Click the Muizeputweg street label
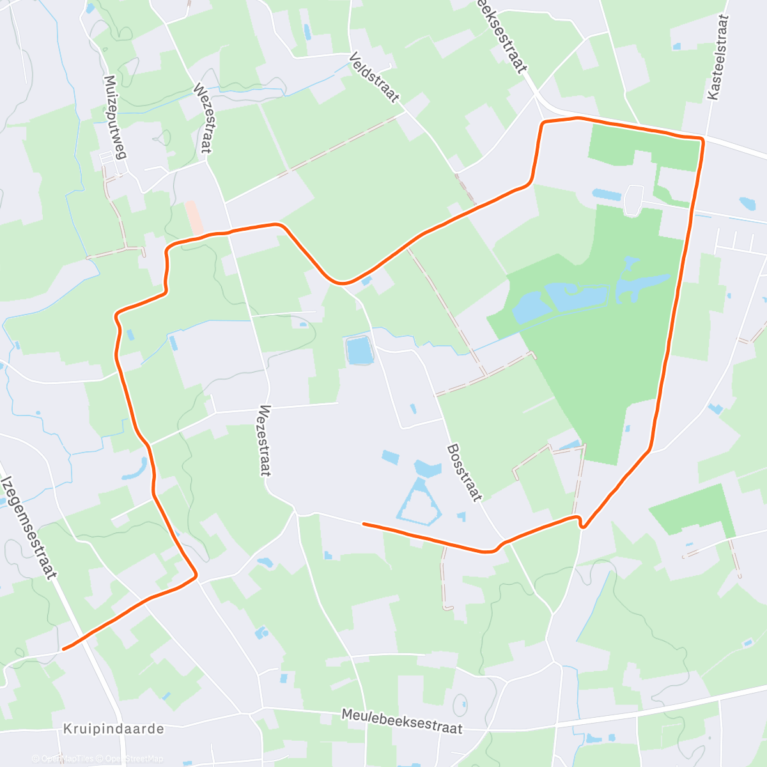pos(115,117)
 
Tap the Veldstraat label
pos(375,78)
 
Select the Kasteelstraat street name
pos(718,58)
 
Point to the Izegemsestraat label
pos(29,527)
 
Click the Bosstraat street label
pos(465,472)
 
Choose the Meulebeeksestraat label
pos(401,720)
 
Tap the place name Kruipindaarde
pos(114,729)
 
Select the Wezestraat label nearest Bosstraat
pos(265,440)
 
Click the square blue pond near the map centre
pos(359,350)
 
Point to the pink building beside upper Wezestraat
pos(194,218)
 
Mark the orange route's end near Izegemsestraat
pos(63,649)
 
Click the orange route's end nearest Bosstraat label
pos(364,524)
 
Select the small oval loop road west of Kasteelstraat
pos(635,200)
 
